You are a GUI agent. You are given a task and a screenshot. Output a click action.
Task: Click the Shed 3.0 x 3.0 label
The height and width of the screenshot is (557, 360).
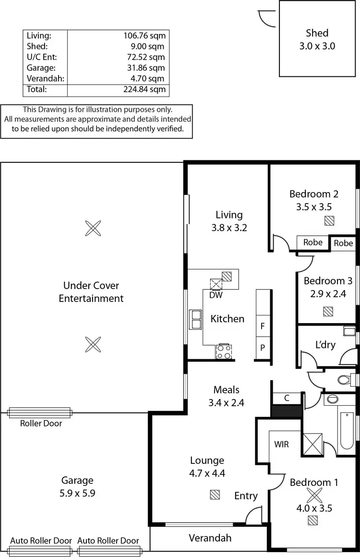click(x=317, y=39)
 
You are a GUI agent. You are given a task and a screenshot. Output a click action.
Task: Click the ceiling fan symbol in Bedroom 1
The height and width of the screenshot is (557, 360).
click(x=313, y=495)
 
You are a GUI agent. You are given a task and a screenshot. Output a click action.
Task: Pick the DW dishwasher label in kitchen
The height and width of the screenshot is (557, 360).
click(x=216, y=295)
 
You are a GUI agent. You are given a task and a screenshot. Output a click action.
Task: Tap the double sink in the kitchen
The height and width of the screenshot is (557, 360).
click(x=196, y=319)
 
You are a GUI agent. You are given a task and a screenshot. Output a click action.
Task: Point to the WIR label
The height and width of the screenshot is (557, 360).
click(x=281, y=444)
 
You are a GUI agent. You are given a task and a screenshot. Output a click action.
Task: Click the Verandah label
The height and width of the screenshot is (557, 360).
click(x=210, y=538)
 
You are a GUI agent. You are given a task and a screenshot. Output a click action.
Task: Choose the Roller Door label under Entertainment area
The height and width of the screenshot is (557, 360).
click(x=41, y=423)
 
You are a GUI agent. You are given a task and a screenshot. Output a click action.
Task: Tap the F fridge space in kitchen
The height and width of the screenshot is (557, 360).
click(x=263, y=326)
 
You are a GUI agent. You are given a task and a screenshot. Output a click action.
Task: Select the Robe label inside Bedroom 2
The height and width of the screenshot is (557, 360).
click(x=313, y=242)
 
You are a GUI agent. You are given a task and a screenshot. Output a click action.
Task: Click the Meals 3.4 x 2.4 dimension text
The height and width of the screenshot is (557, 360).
click(x=226, y=403)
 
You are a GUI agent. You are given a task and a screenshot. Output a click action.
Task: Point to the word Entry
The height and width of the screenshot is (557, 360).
click(x=246, y=496)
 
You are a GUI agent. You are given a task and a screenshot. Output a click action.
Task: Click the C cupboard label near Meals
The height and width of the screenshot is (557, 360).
click(x=286, y=398)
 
